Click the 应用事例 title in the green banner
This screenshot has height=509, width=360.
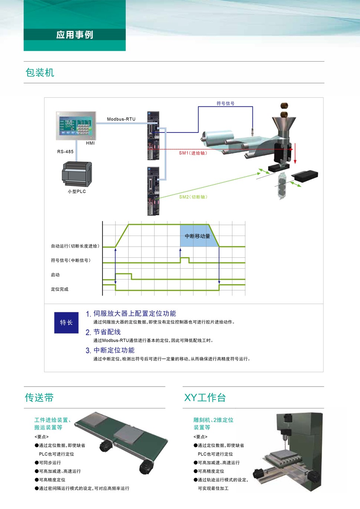click(75, 35)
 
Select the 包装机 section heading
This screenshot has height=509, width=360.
click(40, 72)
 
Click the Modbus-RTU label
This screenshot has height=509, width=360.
click(121, 119)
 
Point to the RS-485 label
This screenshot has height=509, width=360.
click(65, 152)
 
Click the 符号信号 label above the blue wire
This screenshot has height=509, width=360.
click(225, 104)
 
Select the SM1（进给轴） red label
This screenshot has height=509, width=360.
click(193, 153)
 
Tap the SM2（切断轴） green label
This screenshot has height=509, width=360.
click(193, 197)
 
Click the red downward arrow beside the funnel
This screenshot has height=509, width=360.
click(295, 153)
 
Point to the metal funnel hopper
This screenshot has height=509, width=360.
click(284, 127)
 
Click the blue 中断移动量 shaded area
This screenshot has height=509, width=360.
click(197, 236)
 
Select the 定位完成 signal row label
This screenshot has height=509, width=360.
click(59, 289)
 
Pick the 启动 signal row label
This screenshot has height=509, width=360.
click(55, 275)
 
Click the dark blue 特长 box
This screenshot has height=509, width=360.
click(66, 323)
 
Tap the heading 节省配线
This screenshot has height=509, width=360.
click(107, 332)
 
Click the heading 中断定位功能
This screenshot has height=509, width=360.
click(114, 350)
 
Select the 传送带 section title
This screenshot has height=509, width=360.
click(39, 397)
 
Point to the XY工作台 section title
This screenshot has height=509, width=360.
click(205, 397)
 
